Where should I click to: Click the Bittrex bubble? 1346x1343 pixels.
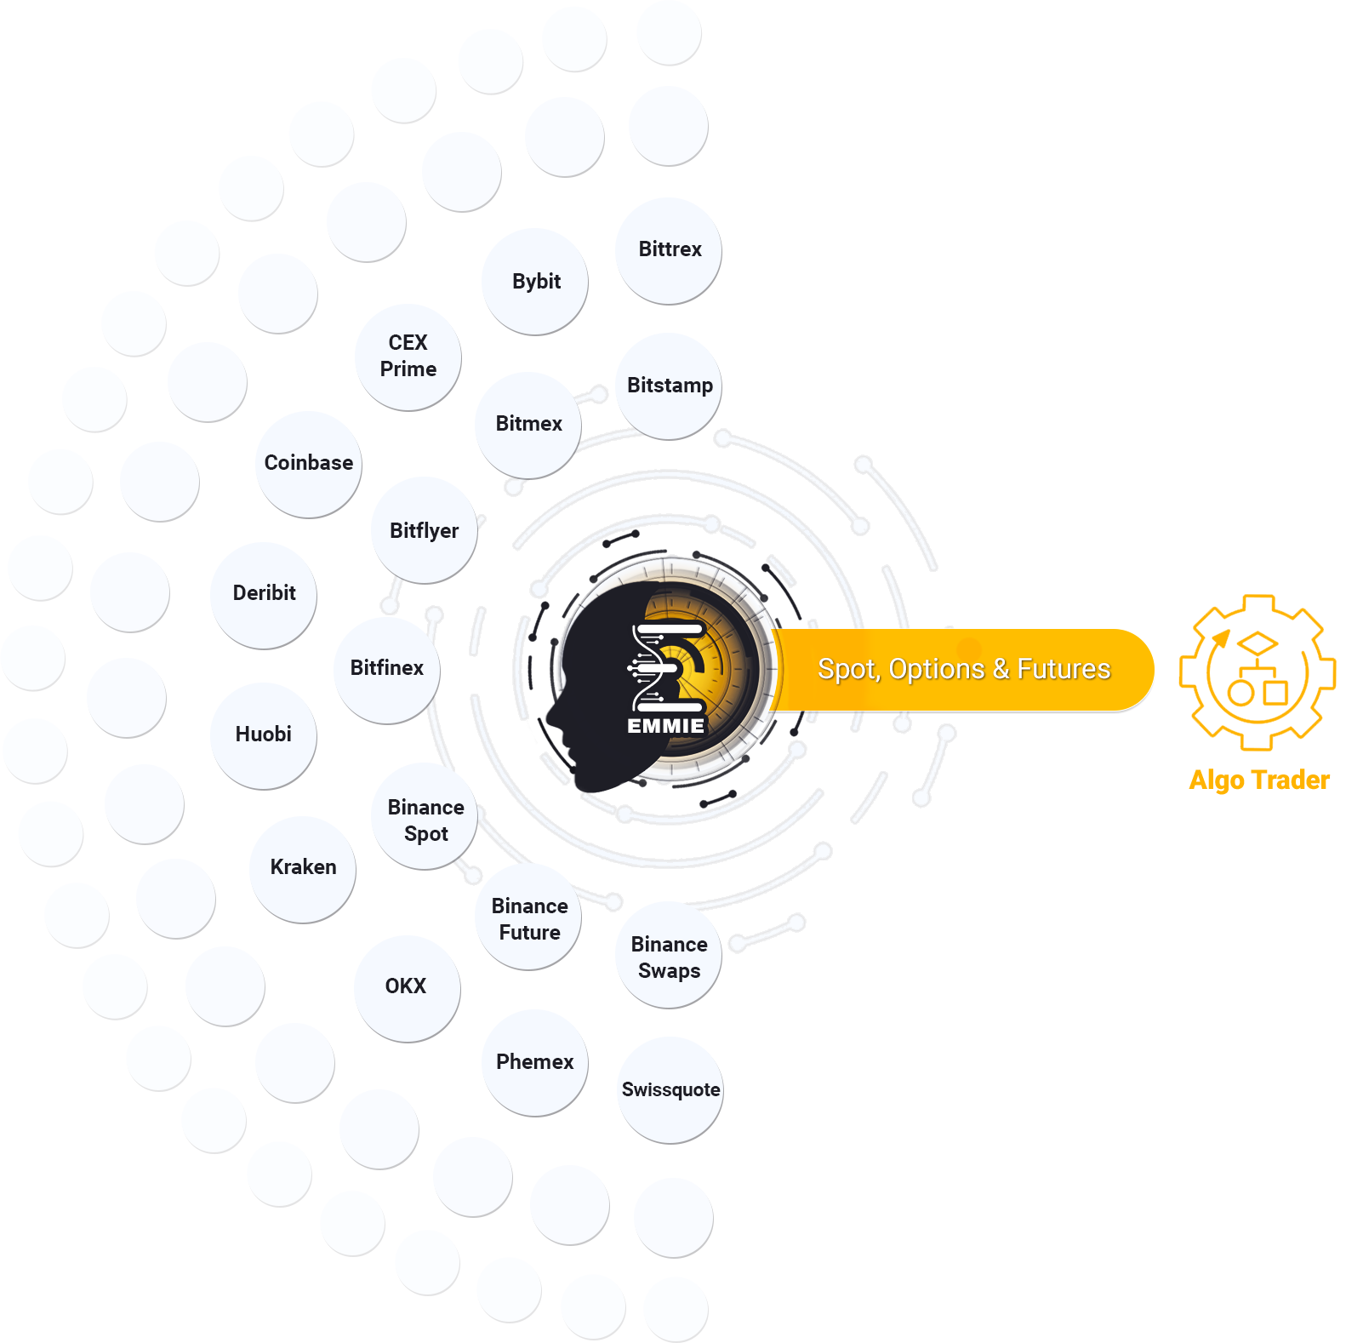pyautogui.click(x=669, y=251)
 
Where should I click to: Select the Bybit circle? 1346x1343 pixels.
pyautogui.click(x=535, y=282)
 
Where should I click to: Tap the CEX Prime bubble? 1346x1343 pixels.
pyautogui.click(x=408, y=357)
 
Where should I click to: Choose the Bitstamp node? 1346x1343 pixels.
pyautogui.click(x=669, y=386)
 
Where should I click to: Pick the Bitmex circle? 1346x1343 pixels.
pyautogui.click(x=528, y=426)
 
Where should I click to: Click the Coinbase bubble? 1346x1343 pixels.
pyautogui.click(x=309, y=465)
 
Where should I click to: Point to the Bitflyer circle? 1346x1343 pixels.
pyautogui.click(x=425, y=530)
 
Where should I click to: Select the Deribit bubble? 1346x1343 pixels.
pyautogui.click(x=264, y=596)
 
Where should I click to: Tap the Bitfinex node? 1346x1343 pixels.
pyautogui.click(x=387, y=671)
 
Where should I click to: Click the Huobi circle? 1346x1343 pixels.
pyautogui.click(x=264, y=736)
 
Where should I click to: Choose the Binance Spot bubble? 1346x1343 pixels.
pyautogui.click(x=425, y=817)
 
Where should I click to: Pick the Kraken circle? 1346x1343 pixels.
pyautogui.click(x=303, y=870)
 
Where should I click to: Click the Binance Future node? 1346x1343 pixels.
pyautogui.click(x=529, y=917)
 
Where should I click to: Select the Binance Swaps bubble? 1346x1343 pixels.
pyautogui.click(x=669, y=956)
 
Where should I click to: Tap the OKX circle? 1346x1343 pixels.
pyautogui.click(x=408, y=989)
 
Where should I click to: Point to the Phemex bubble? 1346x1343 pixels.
pyautogui.click(x=535, y=1063)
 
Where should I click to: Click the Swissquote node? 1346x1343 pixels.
pyautogui.click(x=670, y=1090)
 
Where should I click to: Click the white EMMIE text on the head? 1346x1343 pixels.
pyautogui.click(x=666, y=726)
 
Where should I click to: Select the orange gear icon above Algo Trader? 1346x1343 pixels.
pyautogui.click(x=1258, y=672)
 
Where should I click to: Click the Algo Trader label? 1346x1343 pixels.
pyautogui.click(x=1259, y=780)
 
